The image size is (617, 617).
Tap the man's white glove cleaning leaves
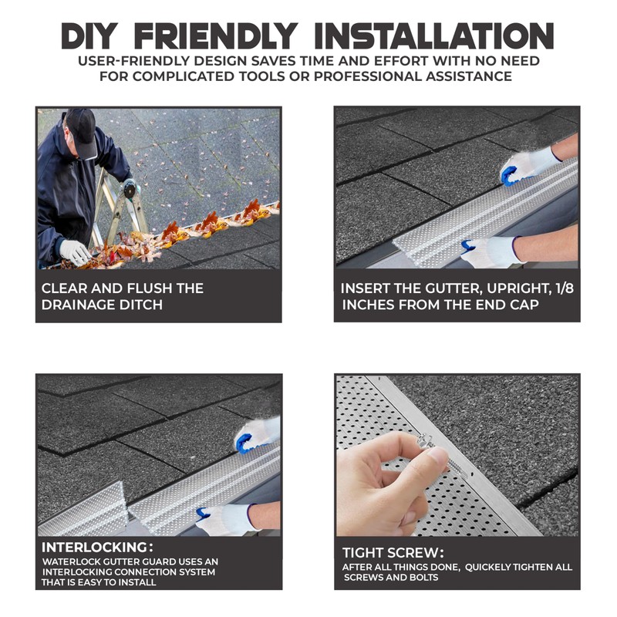point(75,252)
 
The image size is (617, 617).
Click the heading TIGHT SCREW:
point(393,552)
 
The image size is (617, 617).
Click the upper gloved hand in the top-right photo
point(524,165)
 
